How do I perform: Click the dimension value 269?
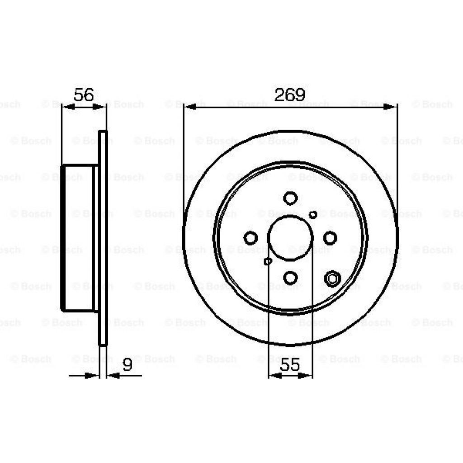click(290, 94)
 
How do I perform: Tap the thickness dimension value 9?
click(128, 365)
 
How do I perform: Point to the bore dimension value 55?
click(290, 365)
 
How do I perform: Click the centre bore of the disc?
click(290, 237)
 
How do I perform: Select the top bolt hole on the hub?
click(290, 198)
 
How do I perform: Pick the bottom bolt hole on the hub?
click(290, 277)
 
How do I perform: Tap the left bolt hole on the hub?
click(250, 237)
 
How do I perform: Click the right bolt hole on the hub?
click(330, 237)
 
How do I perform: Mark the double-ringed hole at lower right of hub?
click(332, 279)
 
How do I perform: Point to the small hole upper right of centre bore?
click(313, 214)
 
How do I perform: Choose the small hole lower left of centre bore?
click(268, 261)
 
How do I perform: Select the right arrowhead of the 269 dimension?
click(391, 107)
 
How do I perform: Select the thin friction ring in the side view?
click(103, 238)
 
